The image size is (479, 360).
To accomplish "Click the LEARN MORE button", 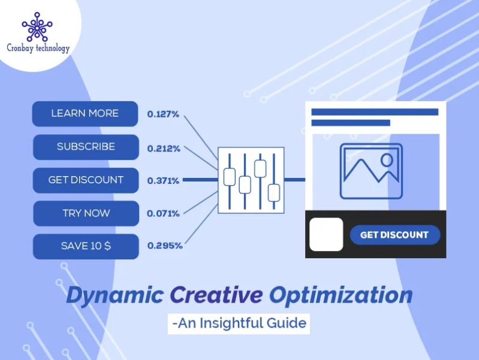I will pyautogui.click(x=85, y=114).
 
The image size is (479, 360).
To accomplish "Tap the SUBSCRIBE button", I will pyautogui.click(x=85, y=147).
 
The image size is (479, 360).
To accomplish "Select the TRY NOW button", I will pyautogui.click(x=85, y=213).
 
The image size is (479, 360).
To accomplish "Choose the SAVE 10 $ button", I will pyautogui.click(x=85, y=246).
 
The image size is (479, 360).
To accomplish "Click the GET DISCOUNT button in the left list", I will pyautogui.click(x=85, y=180).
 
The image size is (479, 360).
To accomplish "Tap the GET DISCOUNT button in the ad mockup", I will pyautogui.click(x=394, y=235).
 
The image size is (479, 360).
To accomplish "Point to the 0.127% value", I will pyautogui.click(x=163, y=114).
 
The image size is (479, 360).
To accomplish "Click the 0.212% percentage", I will pyautogui.click(x=163, y=147).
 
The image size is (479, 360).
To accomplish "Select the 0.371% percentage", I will pyautogui.click(x=163, y=180).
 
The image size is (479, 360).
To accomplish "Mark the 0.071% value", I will pyautogui.click(x=163, y=213).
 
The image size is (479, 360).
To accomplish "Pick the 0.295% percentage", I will pyautogui.click(x=165, y=246).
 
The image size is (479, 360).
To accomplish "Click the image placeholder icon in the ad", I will pyautogui.click(x=371, y=171).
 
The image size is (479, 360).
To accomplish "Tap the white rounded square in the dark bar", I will pyautogui.click(x=326, y=234).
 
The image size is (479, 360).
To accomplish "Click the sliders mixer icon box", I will pyautogui.click(x=251, y=180).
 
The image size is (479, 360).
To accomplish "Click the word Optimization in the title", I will pyautogui.click(x=341, y=295).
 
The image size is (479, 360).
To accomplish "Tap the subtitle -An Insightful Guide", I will pyautogui.click(x=239, y=324).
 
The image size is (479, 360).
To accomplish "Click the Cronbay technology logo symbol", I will pyautogui.click(x=37, y=27).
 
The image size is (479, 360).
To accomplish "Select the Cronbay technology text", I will pyautogui.click(x=38, y=49).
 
